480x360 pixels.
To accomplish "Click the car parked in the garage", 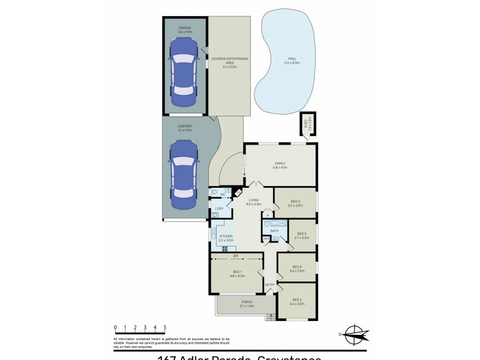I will point(184,68).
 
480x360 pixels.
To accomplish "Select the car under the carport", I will point(184,173).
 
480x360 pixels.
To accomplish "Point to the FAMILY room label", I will point(280,163).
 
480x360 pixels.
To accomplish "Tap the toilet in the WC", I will point(216,192).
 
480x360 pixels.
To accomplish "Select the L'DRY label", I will point(219,208).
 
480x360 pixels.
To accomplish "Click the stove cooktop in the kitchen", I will point(227,248).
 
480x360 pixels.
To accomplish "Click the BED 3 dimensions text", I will point(295,206).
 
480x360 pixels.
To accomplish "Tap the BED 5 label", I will point(301,233).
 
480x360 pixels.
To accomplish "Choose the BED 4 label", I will point(296,267).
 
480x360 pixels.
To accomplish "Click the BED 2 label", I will point(297,299).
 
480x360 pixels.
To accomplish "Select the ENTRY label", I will point(269,284).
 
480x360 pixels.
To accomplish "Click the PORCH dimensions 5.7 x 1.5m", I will point(247,306).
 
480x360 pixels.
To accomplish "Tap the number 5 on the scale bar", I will point(164,328).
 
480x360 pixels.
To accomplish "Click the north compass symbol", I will point(354,334).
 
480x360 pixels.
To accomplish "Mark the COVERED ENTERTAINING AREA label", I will point(229,60).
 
